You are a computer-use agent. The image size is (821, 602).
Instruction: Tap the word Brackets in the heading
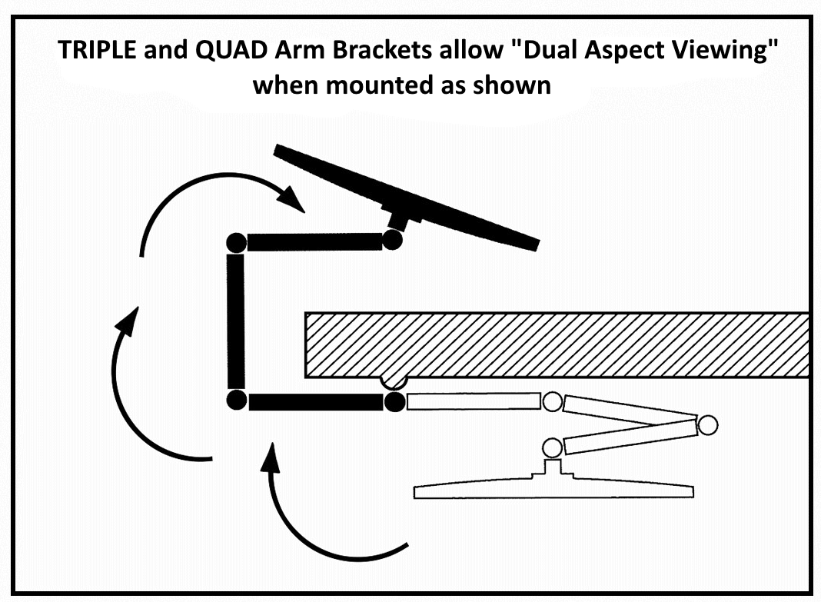click(x=394, y=52)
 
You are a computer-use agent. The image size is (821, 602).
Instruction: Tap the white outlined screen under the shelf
click(x=553, y=490)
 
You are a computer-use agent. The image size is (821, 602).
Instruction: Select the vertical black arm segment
click(x=236, y=321)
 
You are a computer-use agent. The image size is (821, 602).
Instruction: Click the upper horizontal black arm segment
click(x=314, y=242)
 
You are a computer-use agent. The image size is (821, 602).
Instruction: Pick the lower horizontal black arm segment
click(x=315, y=401)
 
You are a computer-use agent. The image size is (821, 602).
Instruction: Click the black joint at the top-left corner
click(x=237, y=242)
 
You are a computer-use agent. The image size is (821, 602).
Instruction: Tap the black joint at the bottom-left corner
click(x=237, y=401)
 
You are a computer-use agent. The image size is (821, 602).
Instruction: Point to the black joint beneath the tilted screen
click(x=392, y=241)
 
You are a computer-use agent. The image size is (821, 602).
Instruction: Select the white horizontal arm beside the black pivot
click(x=473, y=401)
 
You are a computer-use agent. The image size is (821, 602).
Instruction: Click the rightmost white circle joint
click(x=707, y=424)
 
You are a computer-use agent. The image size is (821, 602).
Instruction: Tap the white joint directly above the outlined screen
click(x=551, y=447)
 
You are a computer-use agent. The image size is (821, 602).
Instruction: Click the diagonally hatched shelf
click(x=553, y=344)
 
